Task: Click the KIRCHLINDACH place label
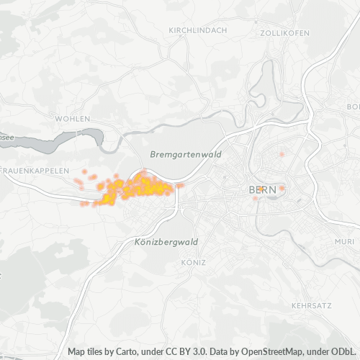pyautogui.click(x=197, y=30)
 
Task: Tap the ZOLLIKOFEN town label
pyautogui.click(x=284, y=33)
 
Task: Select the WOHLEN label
pyautogui.click(x=73, y=118)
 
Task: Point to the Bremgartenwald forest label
pyautogui.click(x=186, y=155)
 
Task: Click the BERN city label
pyautogui.click(x=261, y=190)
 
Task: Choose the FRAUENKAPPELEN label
pyautogui.click(x=35, y=171)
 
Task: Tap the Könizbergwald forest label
pyautogui.click(x=166, y=242)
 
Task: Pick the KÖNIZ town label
pyautogui.click(x=194, y=262)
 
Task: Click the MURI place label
pyautogui.click(x=345, y=241)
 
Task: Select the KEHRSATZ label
pyautogui.click(x=312, y=305)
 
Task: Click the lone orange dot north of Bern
pyautogui.click(x=282, y=155)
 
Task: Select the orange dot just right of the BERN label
pyautogui.click(x=282, y=189)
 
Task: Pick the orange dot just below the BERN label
pyautogui.click(x=255, y=199)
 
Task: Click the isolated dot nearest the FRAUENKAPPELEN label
pyautogui.click(x=84, y=171)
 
